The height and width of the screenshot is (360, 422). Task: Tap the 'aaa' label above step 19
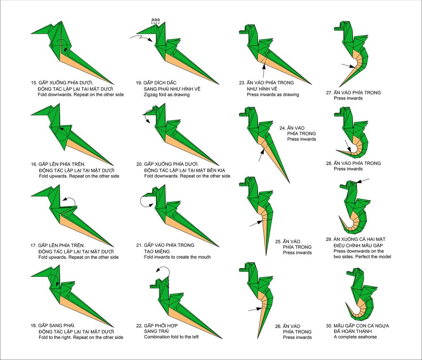point(155,19)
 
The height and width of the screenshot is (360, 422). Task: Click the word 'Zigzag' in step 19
point(151,95)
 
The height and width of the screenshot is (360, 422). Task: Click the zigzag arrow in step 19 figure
point(141,38)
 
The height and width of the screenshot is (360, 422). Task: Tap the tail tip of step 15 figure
point(113,84)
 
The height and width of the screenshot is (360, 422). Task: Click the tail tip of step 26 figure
point(258,338)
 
